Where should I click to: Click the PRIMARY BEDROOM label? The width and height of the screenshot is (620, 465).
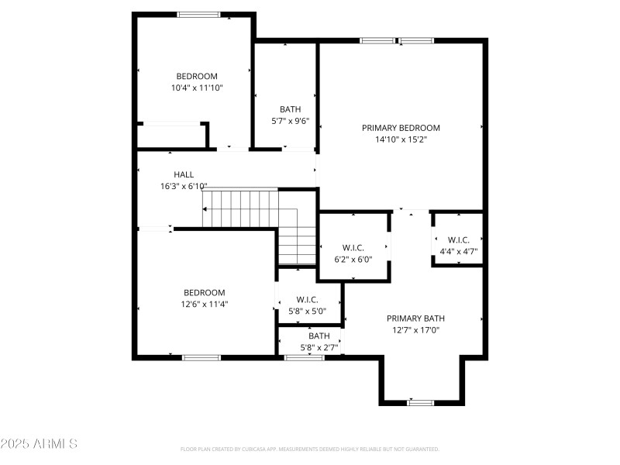click(x=401, y=128)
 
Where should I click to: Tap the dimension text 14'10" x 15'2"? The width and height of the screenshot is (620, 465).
click(x=401, y=140)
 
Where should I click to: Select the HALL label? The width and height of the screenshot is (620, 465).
click(x=184, y=174)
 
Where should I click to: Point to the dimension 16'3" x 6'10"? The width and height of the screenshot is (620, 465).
click(x=184, y=187)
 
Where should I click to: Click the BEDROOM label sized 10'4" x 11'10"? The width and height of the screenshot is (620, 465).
click(x=197, y=76)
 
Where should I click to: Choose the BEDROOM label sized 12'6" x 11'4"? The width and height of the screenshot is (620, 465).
click(x=204, y=292)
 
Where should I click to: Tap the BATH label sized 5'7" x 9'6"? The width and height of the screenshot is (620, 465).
click(x=291, y=109)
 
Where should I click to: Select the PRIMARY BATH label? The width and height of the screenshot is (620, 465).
click(x=415, y=318)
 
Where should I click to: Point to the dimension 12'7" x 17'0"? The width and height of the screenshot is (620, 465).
click(x=415, y=330)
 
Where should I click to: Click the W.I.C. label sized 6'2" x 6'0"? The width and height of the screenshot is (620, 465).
click(x=353, y=247)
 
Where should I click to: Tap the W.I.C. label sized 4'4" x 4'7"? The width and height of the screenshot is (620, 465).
click(x=459, y=239)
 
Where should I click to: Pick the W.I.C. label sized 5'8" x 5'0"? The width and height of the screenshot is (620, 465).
click(x=307, y=299)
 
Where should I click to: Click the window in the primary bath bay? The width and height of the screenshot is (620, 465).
click(x=421, y=402)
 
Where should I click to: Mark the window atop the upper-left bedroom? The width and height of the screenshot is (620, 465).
click(x=198, y=14)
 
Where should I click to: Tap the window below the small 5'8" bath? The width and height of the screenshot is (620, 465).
click(x=304, y=357)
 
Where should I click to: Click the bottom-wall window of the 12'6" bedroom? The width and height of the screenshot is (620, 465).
click(x=201, y=357)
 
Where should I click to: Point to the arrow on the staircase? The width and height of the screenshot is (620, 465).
click(x=206, y=209)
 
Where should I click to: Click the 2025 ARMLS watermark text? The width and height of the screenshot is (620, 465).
click(x=39, y=444)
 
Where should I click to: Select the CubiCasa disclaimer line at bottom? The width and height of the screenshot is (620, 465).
click(x=310, y=449)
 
